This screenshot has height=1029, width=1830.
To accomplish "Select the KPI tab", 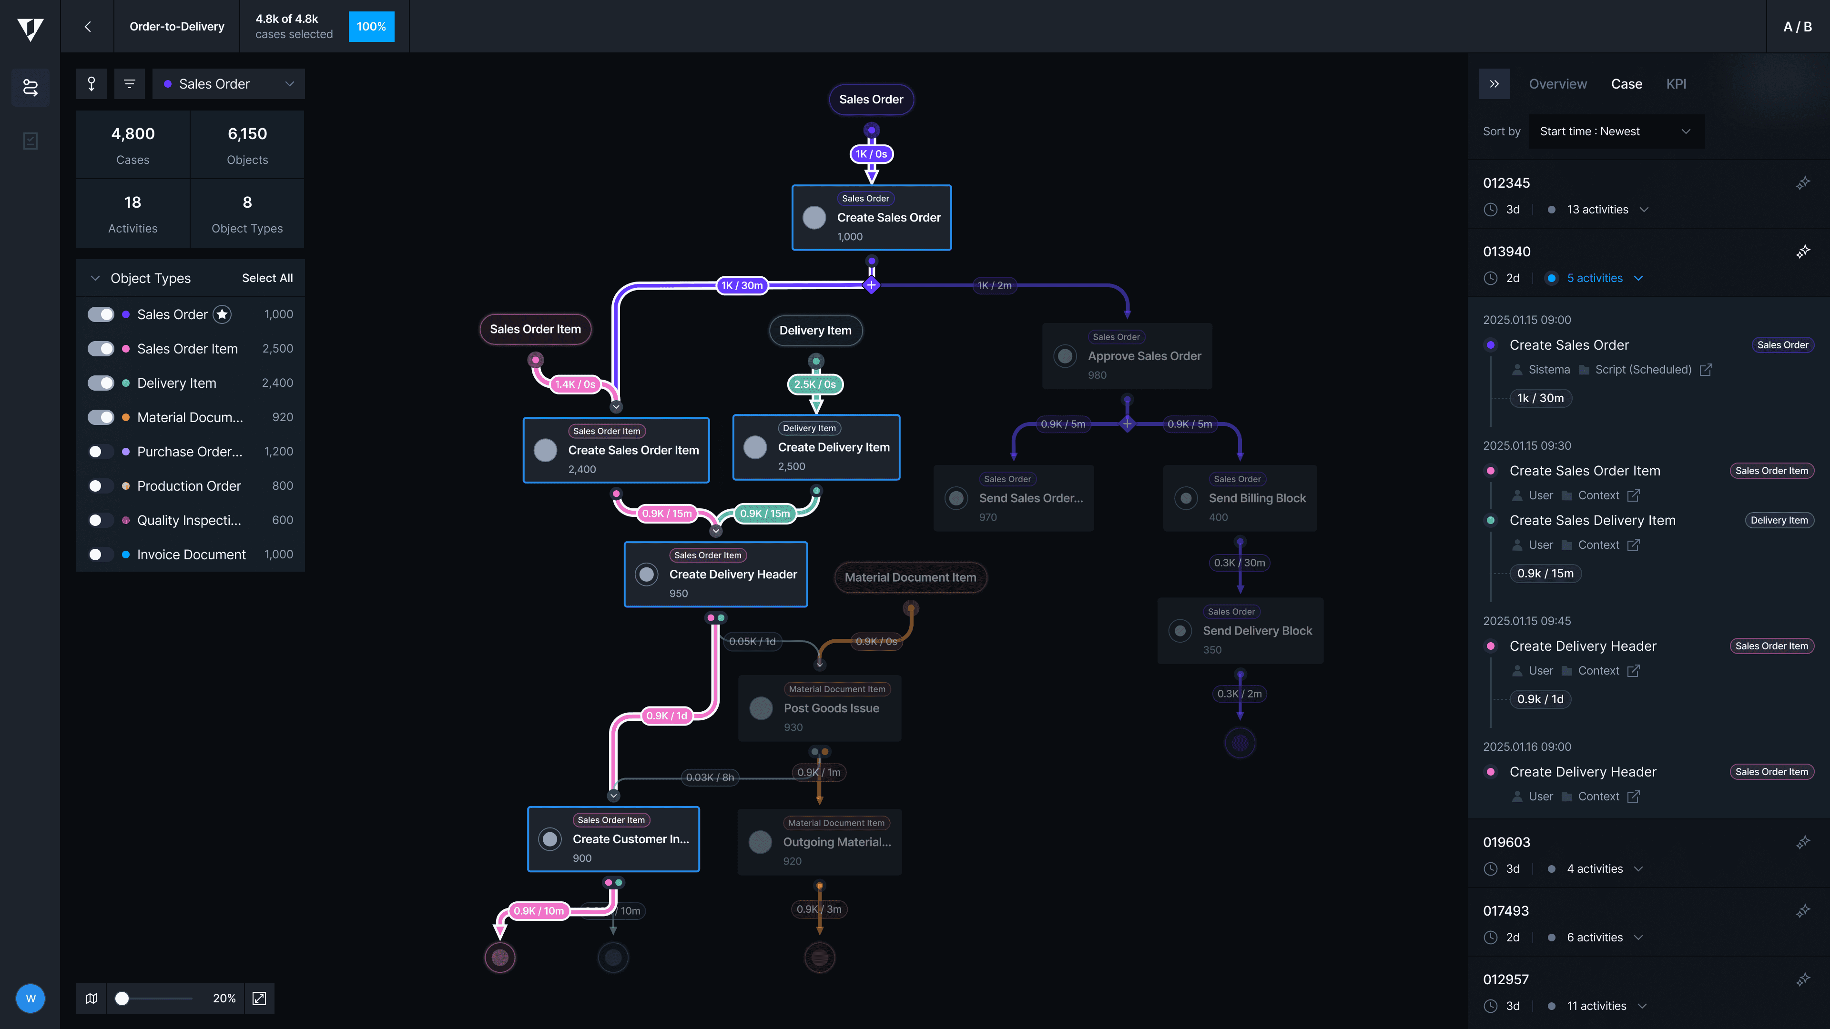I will (x=1676, y=84).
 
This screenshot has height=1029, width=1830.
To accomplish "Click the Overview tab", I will (x=1557, y=84).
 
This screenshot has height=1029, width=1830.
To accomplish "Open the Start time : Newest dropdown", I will (x=1615, y=131).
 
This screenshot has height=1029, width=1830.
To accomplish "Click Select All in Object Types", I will (x=267, y=278).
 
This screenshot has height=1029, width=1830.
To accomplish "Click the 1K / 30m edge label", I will (x=742, y=285).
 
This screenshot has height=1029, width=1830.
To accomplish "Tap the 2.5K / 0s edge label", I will (x=815, y=384).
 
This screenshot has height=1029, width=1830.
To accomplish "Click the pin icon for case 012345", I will (x=1802, y=183).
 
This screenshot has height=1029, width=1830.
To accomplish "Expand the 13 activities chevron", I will (x=1644, y=210).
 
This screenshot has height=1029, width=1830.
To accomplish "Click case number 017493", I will (x=1505, y=911).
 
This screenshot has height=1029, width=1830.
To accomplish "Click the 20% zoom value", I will (x=224, y=999).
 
